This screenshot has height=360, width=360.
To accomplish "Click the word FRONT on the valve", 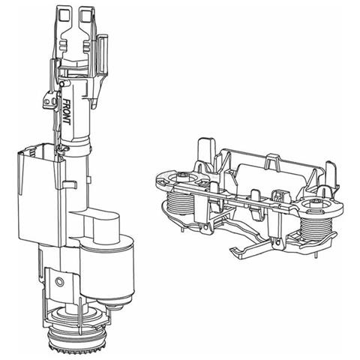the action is pos(66,112).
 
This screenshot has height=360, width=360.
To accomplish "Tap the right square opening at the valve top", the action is pos(86,16).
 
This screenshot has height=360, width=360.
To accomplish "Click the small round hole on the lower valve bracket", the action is pos(60,282).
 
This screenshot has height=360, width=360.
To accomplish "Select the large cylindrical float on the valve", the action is pos(107,268).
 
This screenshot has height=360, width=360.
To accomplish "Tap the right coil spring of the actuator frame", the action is pos(314,227).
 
